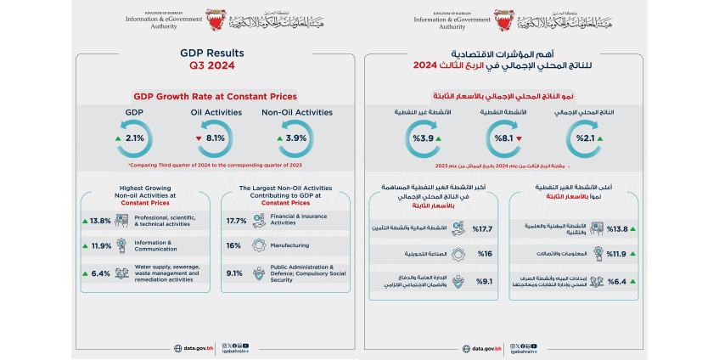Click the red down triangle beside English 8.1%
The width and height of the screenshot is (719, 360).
click(x=199, y=138)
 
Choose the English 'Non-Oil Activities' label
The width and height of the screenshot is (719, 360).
click(x=297, y=110)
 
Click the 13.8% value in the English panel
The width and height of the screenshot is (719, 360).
click(x=100, y=221)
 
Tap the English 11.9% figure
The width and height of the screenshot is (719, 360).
click(x=100, y=247)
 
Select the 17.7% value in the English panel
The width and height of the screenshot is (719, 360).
click(x=236, y=221)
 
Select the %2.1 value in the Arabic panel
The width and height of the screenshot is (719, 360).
click(x=585, y=138)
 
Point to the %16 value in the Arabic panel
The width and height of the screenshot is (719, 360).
click(x=484, y=254)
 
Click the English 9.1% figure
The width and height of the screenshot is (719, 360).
click(x=236, y=273)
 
